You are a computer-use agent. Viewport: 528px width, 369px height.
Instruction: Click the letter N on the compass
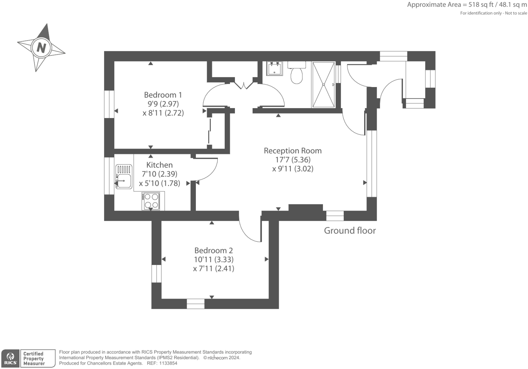(x=41, y=47)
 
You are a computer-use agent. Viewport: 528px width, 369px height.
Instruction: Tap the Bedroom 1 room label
(x=163, y=95)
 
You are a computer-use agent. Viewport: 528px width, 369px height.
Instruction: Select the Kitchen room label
(x=159, y=165)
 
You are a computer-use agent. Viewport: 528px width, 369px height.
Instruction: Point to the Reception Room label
(x=292, y=151)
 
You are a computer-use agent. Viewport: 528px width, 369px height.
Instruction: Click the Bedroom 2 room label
(x=214, y=251)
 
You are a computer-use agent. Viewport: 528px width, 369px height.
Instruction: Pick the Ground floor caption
(x=350, y=231)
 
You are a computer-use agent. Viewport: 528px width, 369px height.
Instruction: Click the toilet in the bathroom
(x=296, y=73)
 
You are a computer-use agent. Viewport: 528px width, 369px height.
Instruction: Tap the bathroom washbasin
(x=274, y=68)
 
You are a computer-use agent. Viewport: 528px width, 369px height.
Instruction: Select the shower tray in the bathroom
(x=323, y=84)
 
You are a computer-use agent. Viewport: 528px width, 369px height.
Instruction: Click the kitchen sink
(x=124, y=177)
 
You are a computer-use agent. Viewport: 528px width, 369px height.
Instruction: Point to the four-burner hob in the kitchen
(x=151, y=201)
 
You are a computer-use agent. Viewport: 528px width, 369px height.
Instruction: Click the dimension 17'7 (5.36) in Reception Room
(x=293, y=160)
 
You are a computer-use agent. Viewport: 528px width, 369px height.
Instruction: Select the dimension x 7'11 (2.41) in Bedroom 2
(x=214, y=269)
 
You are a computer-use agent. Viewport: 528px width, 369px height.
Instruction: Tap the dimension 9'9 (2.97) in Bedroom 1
(x=163, y=104)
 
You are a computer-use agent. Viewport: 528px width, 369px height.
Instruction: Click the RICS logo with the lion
(x=11, y=358)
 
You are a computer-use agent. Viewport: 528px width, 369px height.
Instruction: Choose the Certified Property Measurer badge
(x=37, y=358)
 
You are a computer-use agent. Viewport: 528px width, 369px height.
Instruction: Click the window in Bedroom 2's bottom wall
(x=195, y=304)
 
